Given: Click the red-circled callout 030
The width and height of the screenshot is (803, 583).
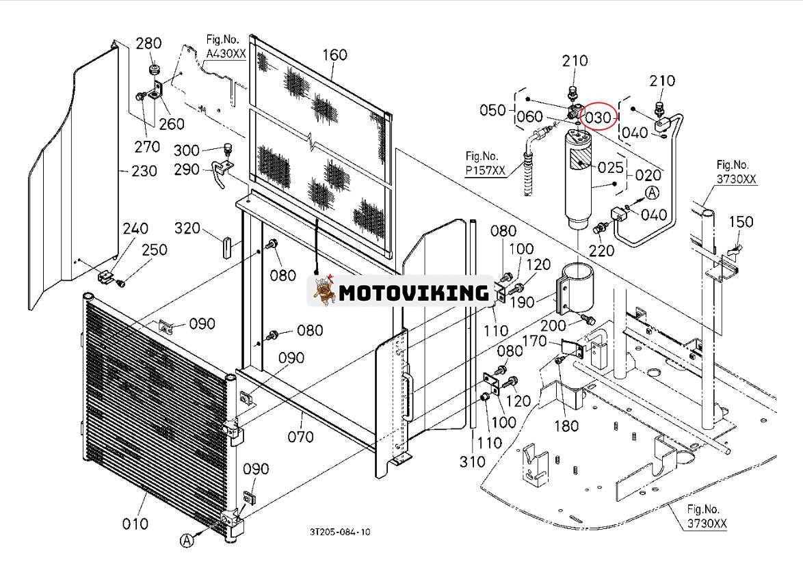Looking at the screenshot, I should coord(598,118).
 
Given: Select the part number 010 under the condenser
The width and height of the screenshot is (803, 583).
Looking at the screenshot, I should coord(135,524).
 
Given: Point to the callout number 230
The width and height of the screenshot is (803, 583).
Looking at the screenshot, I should coord(144,170).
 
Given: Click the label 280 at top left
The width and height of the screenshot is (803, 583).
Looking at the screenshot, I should coord(148,43).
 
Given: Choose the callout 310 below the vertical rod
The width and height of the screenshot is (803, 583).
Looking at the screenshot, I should coord(472,462).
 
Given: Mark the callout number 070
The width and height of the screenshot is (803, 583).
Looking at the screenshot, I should coord(300,436).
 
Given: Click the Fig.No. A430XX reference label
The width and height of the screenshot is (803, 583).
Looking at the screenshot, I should coord(225,46).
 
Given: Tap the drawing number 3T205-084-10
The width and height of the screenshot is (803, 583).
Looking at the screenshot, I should coord(340,532).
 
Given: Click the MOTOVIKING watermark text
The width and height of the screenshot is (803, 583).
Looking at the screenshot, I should coord(414,293).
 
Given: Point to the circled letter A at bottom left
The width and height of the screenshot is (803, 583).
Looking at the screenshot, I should coord(187,541).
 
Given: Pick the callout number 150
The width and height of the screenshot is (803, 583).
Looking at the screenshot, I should coord(741,222).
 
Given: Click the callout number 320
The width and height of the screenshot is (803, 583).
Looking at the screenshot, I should coord(187,228).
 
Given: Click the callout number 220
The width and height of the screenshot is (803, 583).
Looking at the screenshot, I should coord(602,250).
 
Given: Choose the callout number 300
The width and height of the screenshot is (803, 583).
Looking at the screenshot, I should coord(187,150).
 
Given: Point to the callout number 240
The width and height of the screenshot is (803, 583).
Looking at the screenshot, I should coord(135,228).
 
